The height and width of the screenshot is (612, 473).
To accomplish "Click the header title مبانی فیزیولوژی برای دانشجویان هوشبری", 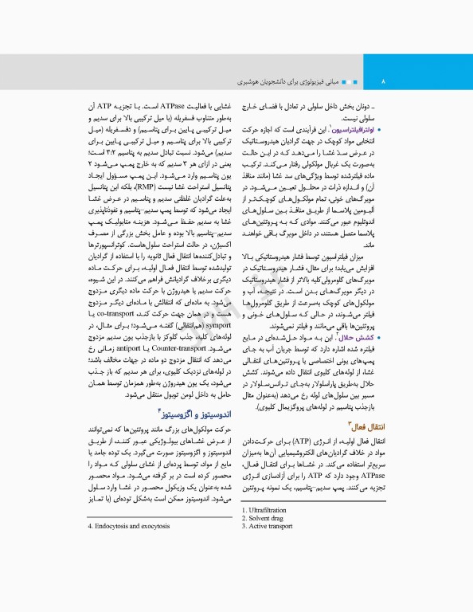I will (307, 82).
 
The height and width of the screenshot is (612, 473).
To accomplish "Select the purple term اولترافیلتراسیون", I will (354, 127).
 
